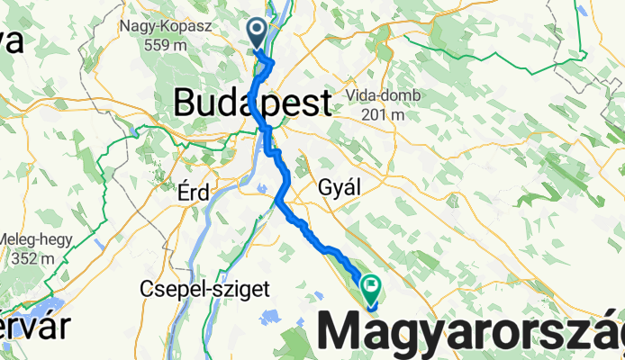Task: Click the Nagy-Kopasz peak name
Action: (165, 25)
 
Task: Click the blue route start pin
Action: (257, 33)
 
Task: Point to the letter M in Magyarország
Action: (345, 328)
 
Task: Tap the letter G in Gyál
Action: (326, 188)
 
